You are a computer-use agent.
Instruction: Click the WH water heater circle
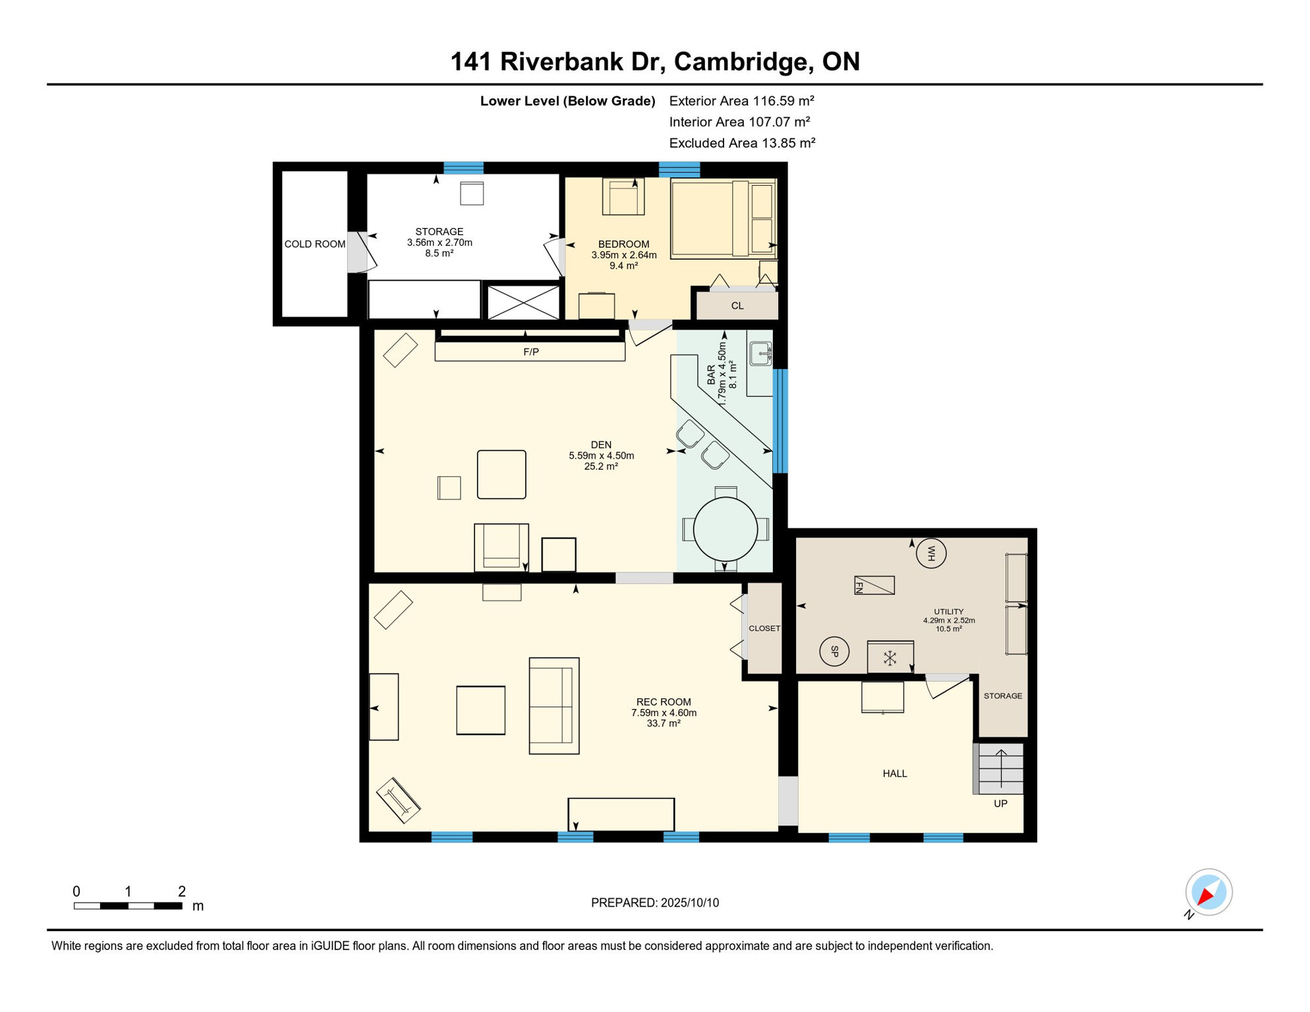tap(931, 553)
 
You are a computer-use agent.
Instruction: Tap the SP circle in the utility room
tap(834, 652)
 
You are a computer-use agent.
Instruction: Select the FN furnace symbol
tap(874, 585)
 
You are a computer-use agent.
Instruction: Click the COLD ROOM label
tap(315, 244)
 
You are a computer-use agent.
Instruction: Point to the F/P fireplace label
tap(531, 352)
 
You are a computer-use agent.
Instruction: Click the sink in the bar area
tap(760, 354)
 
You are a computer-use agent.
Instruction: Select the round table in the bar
tap(726, 529)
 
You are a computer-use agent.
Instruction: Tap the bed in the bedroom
tap(723, 218)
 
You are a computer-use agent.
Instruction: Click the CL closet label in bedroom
tap(737, 306)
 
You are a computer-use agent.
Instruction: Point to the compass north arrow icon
tap(1209, 892)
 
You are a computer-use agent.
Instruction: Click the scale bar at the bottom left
tap(128, 906)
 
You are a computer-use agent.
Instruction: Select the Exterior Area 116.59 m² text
tap(741, 101)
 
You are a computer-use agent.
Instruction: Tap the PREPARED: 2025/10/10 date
tap(655, 903)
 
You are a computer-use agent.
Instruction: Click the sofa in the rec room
tap(554, 706)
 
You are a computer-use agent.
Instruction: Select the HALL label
tap(895, 773)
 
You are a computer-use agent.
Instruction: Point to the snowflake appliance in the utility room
tap(890, 658)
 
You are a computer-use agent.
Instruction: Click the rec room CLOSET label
tap(764, 629)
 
